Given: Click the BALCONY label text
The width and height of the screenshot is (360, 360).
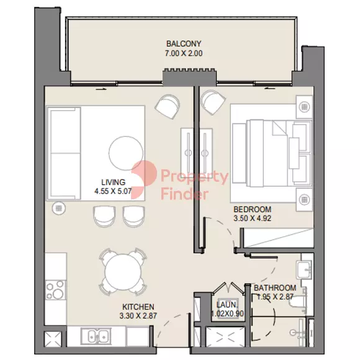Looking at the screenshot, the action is click(184, 43).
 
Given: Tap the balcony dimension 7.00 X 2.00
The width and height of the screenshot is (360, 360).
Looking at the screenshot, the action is click(184, 53).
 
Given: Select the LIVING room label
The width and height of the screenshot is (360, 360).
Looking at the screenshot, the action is click(114, 182).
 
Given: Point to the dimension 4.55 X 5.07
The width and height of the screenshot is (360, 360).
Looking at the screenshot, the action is click(113, 191).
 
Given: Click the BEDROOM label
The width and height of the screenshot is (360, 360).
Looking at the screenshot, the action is click(253, 209).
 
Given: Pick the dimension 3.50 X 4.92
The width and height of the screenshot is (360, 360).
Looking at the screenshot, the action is click(253, 218).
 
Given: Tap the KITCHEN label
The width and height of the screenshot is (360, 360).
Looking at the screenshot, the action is click(138, 307).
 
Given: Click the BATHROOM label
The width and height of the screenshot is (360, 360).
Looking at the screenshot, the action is click(275, 287).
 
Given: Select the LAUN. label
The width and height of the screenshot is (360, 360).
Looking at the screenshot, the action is click(227, 305).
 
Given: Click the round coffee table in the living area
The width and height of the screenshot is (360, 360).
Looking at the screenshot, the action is click(126, 153).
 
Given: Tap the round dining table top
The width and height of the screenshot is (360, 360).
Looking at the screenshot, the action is click(123, 272).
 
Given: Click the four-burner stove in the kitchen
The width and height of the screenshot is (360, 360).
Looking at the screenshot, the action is click(55, 290).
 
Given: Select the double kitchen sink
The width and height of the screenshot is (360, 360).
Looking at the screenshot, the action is click(96, 336).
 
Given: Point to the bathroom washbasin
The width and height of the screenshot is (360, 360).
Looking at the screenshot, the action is click(304, 269).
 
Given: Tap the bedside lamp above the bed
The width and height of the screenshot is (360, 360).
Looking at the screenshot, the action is click(304, 107).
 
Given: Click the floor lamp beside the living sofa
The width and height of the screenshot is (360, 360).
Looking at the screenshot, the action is click(59, 208).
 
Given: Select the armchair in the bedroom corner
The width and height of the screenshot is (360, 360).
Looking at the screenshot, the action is click(213, 102).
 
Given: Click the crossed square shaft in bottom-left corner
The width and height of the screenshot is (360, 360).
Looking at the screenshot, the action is click(53, 339).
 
